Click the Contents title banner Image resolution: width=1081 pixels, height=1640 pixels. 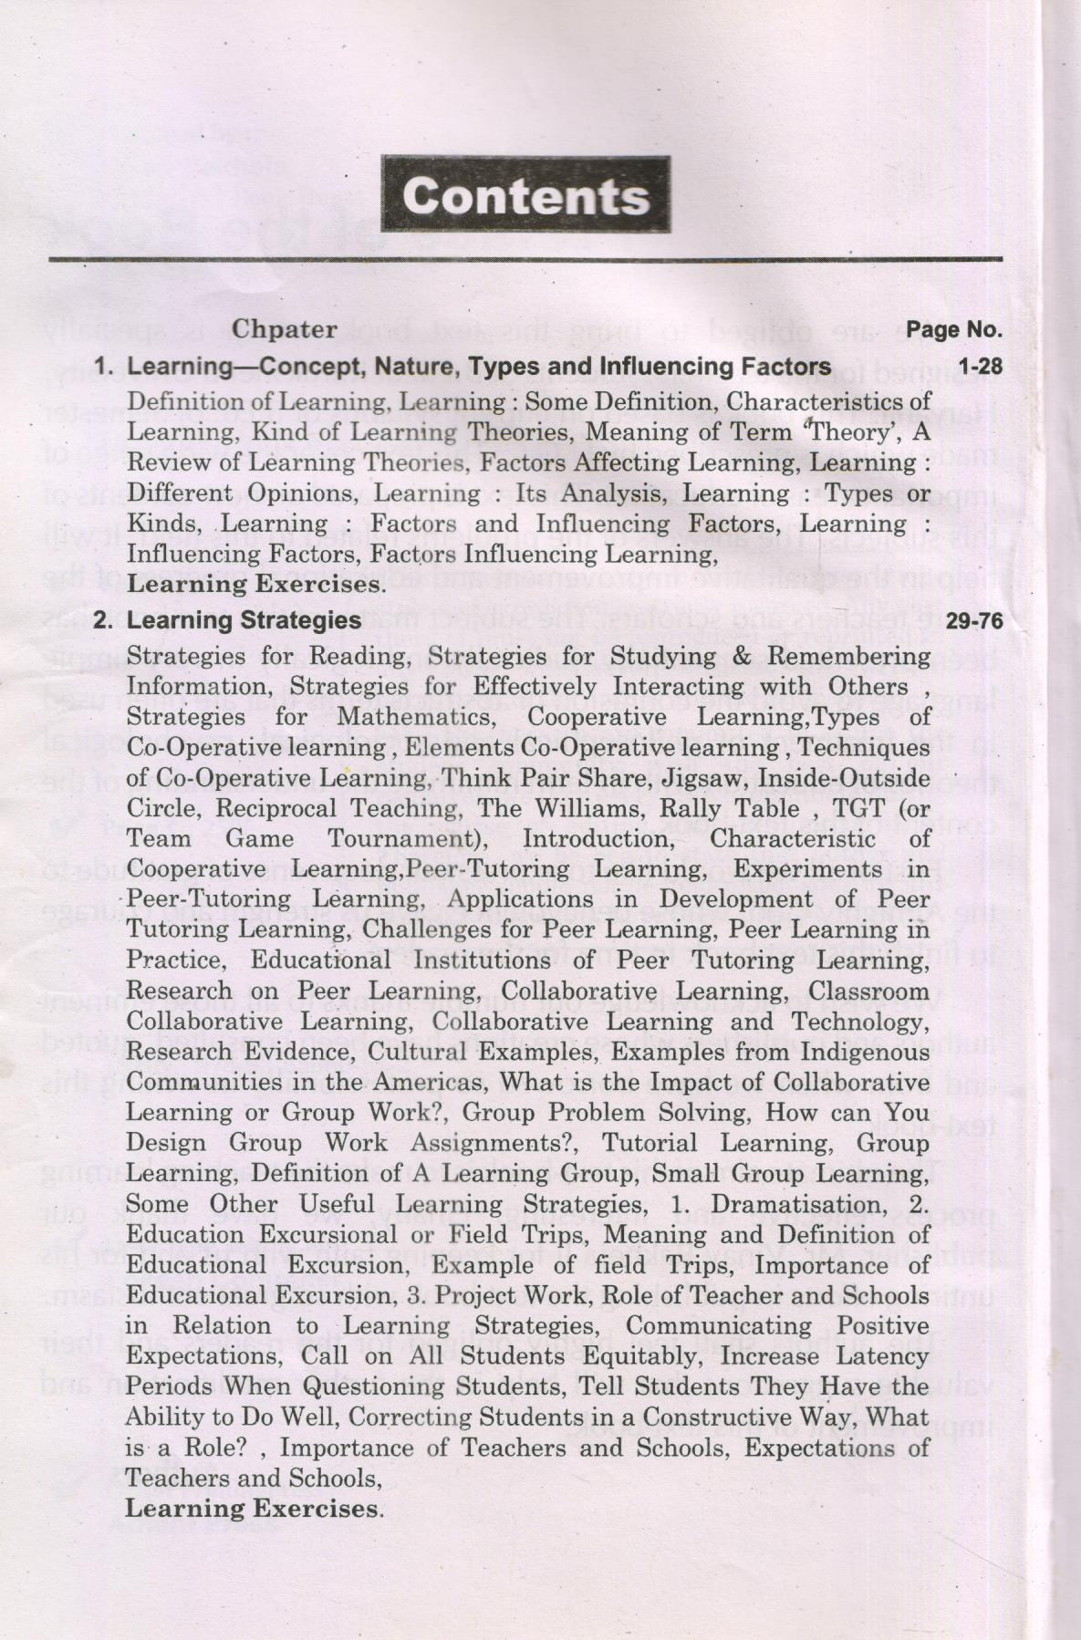tap(525, 195)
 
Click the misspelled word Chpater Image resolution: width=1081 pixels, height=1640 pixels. tap(285, 328)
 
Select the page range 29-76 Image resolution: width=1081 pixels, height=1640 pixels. tap(974, 621)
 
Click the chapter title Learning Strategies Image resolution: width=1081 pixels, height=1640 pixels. tap(244, 621)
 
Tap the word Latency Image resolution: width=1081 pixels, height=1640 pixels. tap(878, 1356)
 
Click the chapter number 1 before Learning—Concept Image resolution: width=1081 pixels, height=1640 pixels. tap(104, 367)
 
